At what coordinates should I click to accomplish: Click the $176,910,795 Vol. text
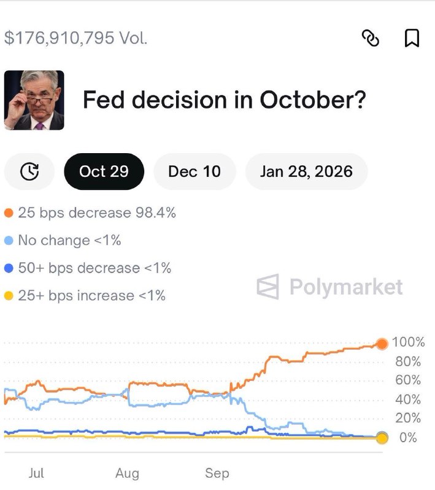76,38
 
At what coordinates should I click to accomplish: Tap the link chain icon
371,39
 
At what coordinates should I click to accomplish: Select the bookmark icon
412,39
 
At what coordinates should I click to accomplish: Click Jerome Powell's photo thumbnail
34,100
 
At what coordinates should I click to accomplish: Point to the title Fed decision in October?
224,100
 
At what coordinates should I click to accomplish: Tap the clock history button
29,171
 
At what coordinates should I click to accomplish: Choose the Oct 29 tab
104,171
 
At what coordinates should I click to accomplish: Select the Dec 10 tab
194,171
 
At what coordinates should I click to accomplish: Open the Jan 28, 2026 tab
306,171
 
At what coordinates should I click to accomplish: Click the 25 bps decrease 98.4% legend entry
91,213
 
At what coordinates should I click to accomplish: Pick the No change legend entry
63,241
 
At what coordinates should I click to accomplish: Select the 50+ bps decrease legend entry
88,268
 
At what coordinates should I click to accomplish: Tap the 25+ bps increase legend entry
85,296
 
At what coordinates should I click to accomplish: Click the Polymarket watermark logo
330,287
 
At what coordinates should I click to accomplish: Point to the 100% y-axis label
407,342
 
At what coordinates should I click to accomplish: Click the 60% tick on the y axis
407,380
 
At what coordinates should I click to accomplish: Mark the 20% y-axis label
407,418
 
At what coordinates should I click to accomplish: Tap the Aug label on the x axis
127,473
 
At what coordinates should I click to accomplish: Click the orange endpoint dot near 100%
382,344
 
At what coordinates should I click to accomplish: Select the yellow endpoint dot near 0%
382,438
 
